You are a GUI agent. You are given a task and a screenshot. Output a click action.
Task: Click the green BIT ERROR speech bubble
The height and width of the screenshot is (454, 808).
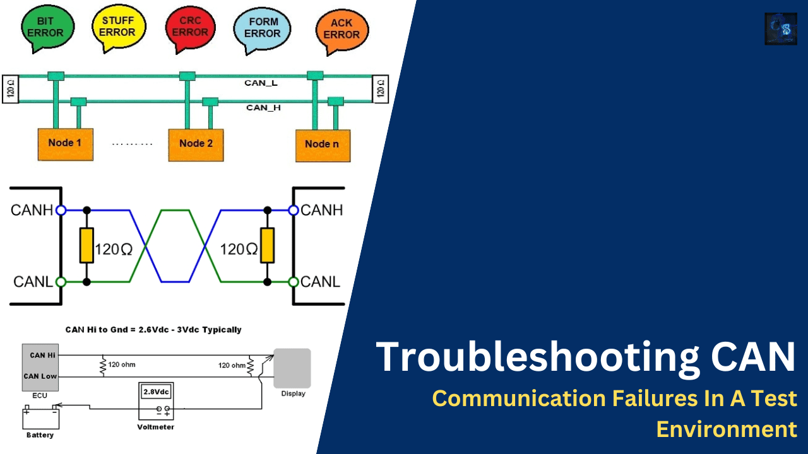click(x=47, y=26)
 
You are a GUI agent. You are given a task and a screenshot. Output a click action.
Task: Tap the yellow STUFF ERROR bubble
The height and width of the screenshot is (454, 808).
click(x=118, y=26)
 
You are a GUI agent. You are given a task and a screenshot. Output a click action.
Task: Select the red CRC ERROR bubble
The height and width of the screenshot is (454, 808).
click(x=190, y=26)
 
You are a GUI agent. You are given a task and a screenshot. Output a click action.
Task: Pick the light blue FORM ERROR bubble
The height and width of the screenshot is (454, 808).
click(x=262, y=28)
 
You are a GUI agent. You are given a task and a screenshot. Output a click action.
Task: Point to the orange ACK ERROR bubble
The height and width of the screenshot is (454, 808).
click(x=342, y=29)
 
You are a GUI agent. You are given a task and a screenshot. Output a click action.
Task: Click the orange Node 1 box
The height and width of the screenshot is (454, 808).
click(x=65, y=144)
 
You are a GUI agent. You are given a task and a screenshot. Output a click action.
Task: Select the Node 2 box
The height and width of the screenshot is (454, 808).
click(x=196, y=144)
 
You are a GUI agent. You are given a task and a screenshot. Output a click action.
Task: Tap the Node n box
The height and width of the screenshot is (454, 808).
click(x=323, y=145)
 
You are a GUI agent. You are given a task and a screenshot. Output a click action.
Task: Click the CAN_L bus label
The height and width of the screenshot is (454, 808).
click(x=261, y=83)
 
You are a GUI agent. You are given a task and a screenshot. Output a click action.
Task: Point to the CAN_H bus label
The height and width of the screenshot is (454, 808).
click(x=263, y=108)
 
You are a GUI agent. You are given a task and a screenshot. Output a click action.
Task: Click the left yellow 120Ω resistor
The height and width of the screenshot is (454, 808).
click(x=86, y=245)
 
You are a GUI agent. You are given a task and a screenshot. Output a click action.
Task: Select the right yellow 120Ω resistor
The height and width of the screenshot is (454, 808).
click(x=268, y=245)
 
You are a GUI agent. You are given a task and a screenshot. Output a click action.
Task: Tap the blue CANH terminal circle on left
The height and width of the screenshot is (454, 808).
click(x=61, y=210)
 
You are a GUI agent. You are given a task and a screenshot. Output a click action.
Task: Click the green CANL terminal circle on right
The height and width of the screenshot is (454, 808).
click(x=294, y=282)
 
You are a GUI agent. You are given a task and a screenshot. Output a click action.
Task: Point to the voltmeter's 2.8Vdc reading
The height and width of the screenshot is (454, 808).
click(x=156, y=392)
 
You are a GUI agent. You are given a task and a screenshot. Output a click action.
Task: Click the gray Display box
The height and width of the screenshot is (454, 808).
click(x=292, y=368)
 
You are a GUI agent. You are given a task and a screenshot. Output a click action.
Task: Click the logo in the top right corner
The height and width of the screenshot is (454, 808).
click(x=780, y=29)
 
